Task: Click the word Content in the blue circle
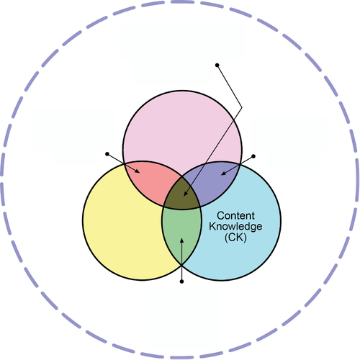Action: click(235, 215)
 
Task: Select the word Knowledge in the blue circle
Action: click(235, 226)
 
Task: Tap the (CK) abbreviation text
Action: click(235, 238)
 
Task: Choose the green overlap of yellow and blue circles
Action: click(181, 230)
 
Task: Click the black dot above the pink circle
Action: click(217, 65)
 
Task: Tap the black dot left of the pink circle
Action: click(107, 154)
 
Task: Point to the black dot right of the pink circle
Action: click(253, 156)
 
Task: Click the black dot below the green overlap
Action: click(181, 282)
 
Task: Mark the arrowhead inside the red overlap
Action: click(137, 171)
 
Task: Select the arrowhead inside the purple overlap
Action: click(223, 173)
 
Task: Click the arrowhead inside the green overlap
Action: click(181, 240)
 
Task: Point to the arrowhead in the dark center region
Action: click(186, 194)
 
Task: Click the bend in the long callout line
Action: click(242, 107)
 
